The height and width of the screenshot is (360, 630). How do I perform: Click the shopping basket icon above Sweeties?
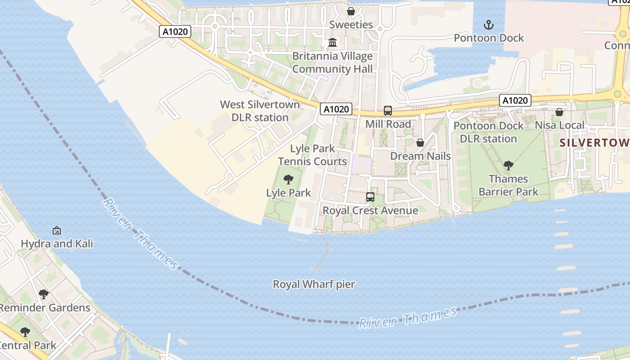351,11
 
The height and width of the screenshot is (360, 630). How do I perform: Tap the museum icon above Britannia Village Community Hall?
333,43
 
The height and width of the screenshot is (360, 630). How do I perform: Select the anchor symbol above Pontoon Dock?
489,24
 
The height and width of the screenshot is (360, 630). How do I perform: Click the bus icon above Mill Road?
387,110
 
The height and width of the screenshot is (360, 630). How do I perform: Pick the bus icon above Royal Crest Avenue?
370,197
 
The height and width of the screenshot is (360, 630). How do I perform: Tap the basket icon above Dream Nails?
420,143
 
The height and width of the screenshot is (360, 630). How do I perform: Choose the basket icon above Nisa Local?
559,112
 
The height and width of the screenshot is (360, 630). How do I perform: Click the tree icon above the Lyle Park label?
288,180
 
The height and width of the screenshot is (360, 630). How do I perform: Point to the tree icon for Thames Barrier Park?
508,165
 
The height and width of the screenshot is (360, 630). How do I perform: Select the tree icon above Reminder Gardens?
44,294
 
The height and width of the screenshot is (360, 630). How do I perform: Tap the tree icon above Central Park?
25,332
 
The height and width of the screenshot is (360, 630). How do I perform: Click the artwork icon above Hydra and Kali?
57,230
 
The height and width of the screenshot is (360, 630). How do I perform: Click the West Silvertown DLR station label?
260,111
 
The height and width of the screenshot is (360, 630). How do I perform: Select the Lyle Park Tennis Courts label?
312,155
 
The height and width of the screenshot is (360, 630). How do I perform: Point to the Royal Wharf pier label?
314,284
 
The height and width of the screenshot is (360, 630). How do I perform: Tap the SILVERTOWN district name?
594,143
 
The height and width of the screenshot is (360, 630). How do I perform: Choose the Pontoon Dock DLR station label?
488,132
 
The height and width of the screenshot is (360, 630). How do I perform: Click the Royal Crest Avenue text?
370,211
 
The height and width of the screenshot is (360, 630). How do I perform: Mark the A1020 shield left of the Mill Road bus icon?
336,109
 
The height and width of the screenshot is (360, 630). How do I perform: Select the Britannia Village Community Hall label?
333,63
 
